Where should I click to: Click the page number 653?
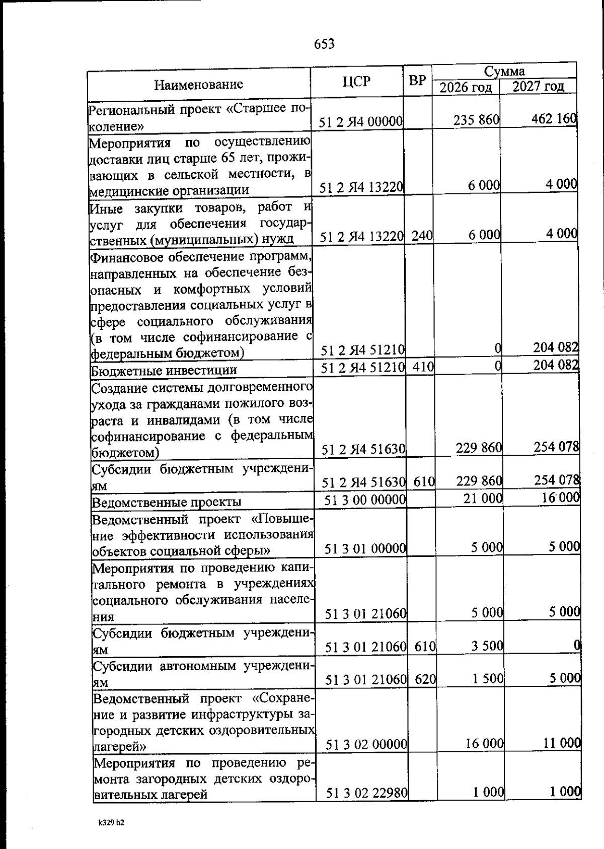324,44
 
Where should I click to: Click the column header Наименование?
198,84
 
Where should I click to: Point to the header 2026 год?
466,87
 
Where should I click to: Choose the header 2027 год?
538,86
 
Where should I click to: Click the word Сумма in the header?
504,71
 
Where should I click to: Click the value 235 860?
476,120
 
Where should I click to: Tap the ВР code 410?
423,367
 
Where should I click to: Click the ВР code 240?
422,235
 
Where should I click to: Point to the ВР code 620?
425,679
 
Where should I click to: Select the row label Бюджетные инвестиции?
164,371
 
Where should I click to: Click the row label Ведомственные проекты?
167,502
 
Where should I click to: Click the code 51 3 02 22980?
366,793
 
